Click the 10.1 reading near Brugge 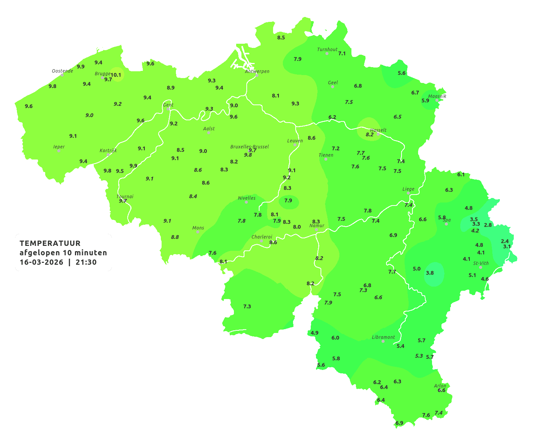click(116, 75)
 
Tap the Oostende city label click(62, 71)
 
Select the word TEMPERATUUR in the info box click(50, 243)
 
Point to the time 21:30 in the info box click(86, 262)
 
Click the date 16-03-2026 click(41, 262)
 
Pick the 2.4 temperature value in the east click(505, 241)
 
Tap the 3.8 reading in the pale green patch click(430, 273)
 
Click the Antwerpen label click(257, 71)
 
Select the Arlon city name click(440, 386)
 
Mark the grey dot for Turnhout click(327, 54)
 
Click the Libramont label click(383, 337)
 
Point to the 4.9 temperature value click(315, 333)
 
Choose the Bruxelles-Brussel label click(250, 146)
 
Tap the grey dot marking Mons click(198, 232)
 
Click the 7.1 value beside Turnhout click(342, 54)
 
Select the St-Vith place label click(481, 263)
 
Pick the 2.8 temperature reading click(488, 225)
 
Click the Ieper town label click(59, 147)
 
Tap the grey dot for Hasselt click(378, 134)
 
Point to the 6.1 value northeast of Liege click(461, 175)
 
